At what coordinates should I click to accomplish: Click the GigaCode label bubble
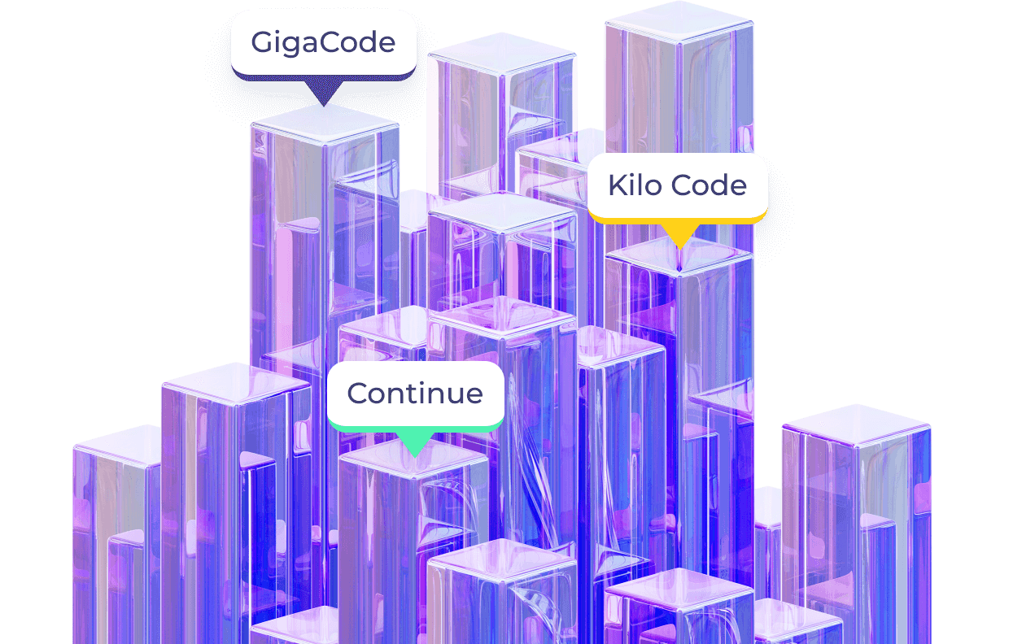323,42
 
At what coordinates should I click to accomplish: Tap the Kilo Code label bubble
677,185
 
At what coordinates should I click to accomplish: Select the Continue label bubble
415,394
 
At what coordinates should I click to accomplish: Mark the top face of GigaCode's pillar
324,124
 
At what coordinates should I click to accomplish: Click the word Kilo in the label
631,185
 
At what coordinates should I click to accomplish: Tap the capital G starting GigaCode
261,42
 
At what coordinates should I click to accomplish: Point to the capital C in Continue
359,394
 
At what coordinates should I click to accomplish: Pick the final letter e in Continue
474,394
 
